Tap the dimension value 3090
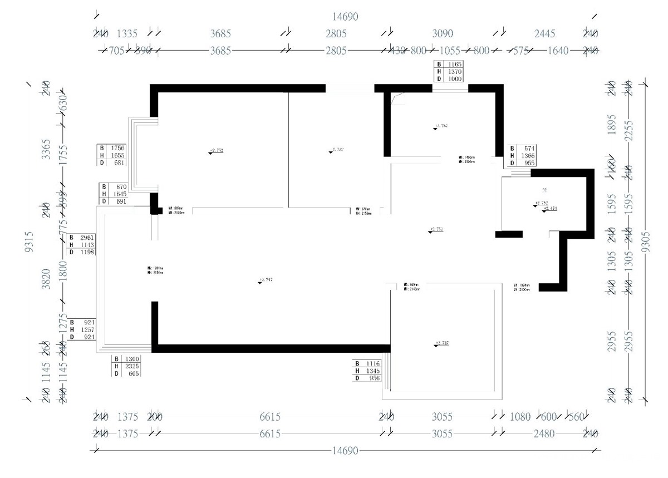click(x=443, y=33)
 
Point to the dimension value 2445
click(x=544, y=33)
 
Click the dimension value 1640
click(x=558, y=51)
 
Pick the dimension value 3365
click(x=47, y=150)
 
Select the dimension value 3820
click(x=47, y=278)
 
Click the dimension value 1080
click(x=520, y=417)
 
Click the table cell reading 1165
click(x=455, y=65)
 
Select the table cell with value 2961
click(x=88, y=238)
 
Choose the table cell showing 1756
click(x=117, y=148)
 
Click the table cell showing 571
click(x=529, y=149)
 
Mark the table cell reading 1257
click(x=89, y=329)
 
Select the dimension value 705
click(x=116, y=51)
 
